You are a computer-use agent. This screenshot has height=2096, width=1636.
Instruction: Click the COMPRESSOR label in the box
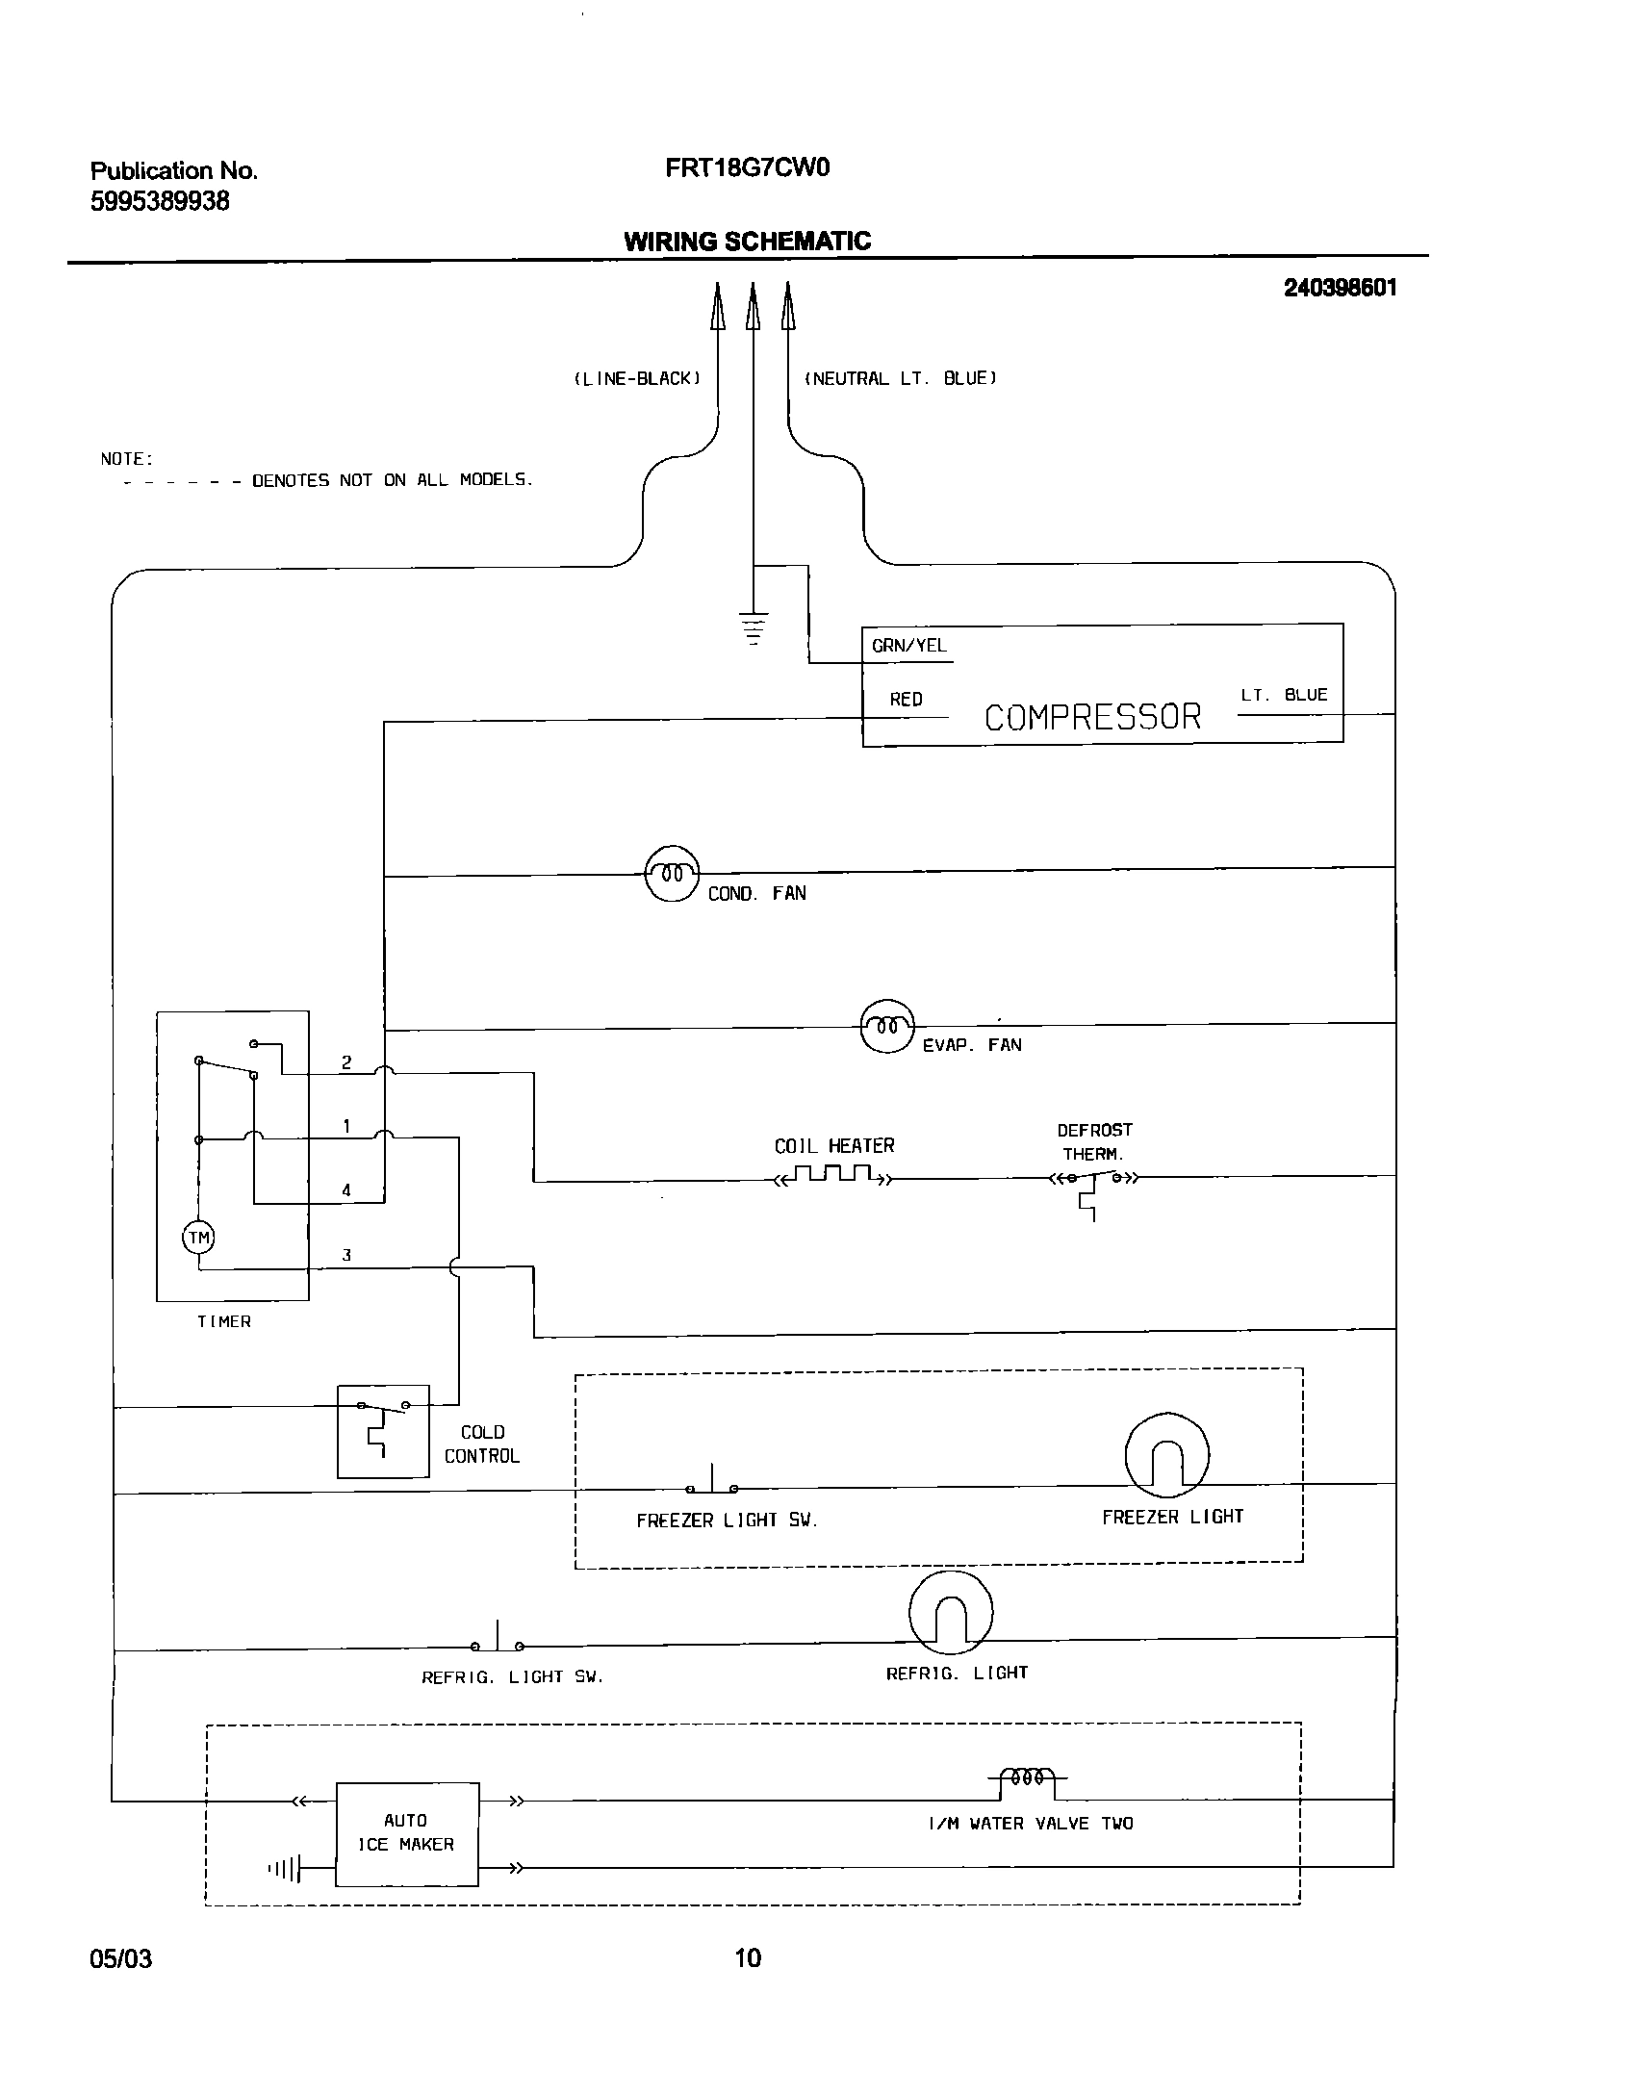pyautogui.click(x=1092, y=717)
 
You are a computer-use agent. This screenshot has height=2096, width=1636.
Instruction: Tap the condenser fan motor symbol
pyautogui.click(x=672, y=874)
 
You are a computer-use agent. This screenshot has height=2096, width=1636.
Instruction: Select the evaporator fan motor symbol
pyautogui.click(x=886, y=1026)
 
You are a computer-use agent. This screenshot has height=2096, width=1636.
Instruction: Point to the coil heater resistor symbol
pyautogui.click(x=833, y=1175)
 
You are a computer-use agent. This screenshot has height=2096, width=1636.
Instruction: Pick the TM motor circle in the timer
pyautogui.click(x=198, y=1238)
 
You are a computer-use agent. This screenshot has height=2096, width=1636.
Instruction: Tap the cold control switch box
pyautogui.click(x=383, y=1431)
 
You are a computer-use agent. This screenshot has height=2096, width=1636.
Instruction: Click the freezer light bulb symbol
pyautogui.click(x=1166, y=1455)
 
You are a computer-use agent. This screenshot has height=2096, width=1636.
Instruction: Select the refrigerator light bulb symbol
pyautogui.click(x=950, y=1613)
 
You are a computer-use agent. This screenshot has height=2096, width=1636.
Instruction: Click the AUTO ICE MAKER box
pyautogui.click(x=406, y=1833)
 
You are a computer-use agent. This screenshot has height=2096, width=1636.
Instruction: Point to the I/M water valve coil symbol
pyautogui.click(x=1028, y=1778)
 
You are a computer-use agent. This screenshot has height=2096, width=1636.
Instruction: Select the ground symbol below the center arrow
pyautogui.click(x=754, y=627)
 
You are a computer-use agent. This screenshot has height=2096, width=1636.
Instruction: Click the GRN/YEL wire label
pyautogui.click(x=908, y=646)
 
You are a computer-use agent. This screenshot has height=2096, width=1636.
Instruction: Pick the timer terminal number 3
pyautogui.click(x=346, y=1255)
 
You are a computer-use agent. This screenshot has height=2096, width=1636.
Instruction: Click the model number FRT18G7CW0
pyautogui.click(x=747, y=168)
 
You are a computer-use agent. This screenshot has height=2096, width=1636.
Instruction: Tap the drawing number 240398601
pyautogui.click(x=1340, y=288)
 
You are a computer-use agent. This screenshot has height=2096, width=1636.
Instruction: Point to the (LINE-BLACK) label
pyautogui.click(x=637, y=379)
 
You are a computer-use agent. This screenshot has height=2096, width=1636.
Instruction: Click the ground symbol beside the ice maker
pyautogui.click(x=286, y=1869)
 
